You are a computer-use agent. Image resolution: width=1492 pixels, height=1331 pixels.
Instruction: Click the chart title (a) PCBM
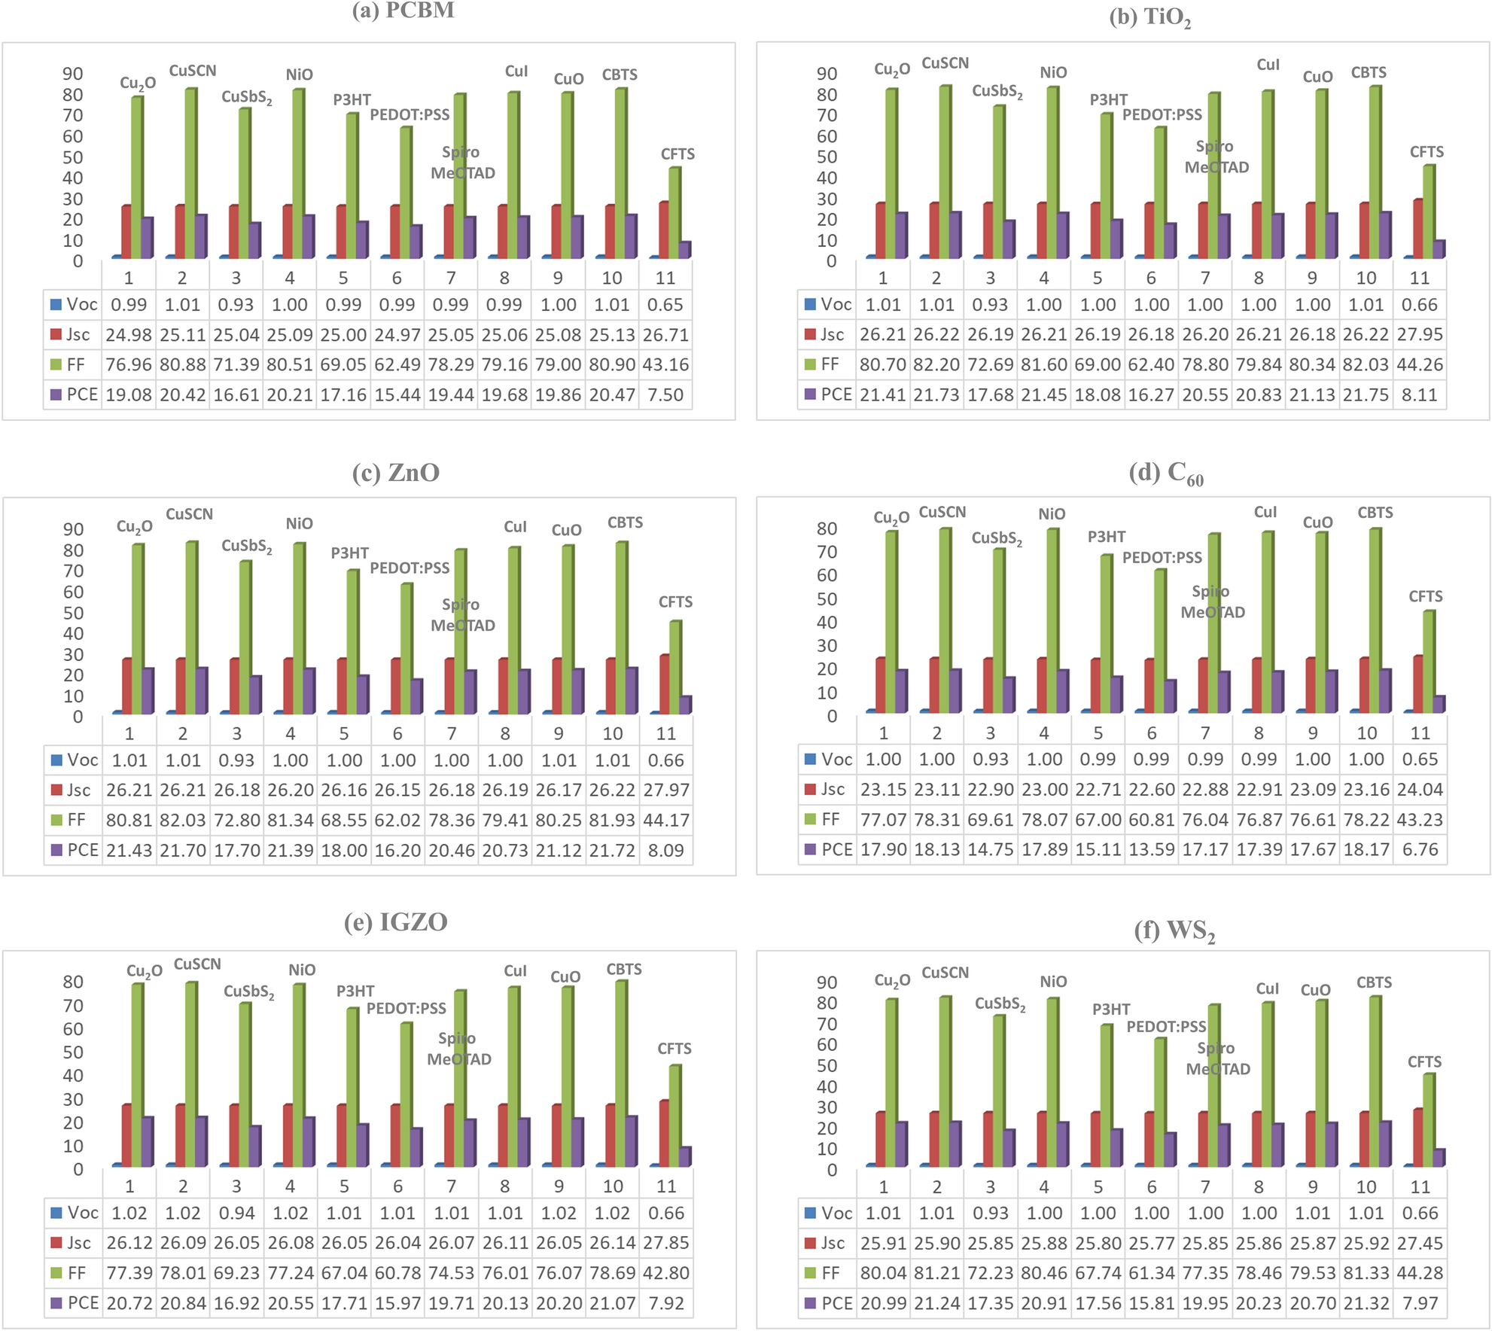403,11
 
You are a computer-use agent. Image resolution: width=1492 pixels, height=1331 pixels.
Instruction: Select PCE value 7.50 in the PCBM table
665,394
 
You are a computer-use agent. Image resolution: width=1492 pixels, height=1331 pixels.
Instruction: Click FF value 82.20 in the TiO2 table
936,364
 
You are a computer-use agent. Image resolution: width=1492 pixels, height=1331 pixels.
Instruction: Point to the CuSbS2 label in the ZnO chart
246,546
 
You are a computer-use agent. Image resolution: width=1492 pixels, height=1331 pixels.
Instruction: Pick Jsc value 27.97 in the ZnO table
666,790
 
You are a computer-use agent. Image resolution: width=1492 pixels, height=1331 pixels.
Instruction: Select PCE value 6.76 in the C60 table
1420,849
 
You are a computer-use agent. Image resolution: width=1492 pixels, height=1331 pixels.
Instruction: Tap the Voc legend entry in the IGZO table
75,1213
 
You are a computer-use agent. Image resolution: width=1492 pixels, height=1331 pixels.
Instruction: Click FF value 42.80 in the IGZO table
666,1273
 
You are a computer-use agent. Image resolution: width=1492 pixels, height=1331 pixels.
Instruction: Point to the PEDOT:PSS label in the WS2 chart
1166,1027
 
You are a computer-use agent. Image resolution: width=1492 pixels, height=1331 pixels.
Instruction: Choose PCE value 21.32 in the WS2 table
1366,1303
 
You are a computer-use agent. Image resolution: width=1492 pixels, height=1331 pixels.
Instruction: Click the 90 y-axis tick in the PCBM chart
73,74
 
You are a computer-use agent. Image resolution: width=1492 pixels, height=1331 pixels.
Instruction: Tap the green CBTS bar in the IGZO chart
620,1073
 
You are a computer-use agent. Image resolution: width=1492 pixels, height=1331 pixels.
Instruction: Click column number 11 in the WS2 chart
1420,1186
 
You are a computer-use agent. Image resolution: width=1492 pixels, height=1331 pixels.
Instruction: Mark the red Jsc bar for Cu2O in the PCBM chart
126,232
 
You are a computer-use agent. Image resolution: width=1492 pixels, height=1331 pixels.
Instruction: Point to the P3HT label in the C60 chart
1106,537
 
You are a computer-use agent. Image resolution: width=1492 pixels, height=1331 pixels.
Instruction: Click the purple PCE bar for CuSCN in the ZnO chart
201,690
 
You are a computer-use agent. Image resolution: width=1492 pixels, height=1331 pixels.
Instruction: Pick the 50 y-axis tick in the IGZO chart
73,1052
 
